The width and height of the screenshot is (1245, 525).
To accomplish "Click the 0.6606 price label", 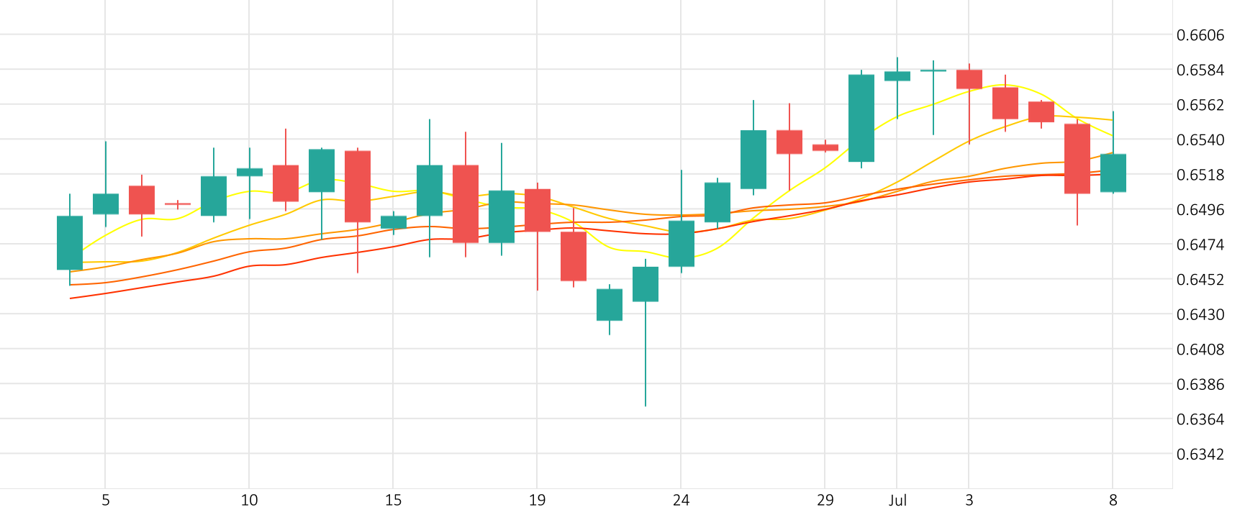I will pos(1200,35).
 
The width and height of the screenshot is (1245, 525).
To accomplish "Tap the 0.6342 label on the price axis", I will pos(1200,454).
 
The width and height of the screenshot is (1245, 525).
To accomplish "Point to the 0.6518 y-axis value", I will pos(1200,175).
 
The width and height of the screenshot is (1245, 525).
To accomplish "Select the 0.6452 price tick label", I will pos(1200,279).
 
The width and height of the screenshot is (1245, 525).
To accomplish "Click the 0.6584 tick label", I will pos(1200,70).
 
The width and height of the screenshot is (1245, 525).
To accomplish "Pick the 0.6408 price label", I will pos(1200,349).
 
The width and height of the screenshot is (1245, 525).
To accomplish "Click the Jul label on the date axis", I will pos(897,500).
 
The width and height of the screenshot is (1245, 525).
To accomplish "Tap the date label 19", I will pos(537,500).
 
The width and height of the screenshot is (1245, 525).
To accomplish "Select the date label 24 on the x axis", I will pos(681,500).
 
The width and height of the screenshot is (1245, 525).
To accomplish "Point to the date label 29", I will pos(825,500).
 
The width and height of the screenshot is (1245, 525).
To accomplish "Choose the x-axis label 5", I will pos(106,500).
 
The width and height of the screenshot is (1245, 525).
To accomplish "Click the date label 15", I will pos(393,500).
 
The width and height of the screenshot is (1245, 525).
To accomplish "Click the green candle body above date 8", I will pos(1113,173).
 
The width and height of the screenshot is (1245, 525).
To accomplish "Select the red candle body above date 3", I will pos(969,79).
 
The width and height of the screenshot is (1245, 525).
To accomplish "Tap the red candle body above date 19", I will pos(538,210).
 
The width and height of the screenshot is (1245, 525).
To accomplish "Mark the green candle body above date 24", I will pos(682,243).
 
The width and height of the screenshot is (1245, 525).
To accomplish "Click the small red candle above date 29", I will pos(825,147).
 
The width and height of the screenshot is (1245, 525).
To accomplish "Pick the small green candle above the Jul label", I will pos(897,76).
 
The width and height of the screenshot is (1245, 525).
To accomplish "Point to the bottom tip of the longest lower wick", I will pos(646,406).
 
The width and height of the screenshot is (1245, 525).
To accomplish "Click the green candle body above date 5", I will pos(106,204).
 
